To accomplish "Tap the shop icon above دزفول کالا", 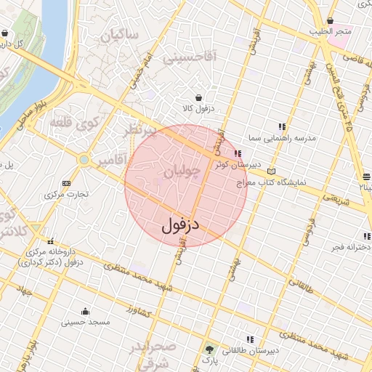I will click(199, 97).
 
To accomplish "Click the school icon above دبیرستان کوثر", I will click(238, 153).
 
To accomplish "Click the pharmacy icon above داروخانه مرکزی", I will click(50, 241).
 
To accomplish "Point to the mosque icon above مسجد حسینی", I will click(86, 311).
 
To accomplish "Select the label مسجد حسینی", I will click(85, 322).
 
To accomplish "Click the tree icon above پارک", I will click(210, 349).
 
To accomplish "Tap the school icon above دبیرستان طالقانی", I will click(250, 339).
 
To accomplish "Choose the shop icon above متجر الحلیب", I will click(331, 21).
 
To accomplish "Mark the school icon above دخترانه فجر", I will click(367, 236).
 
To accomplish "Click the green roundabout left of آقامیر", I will click(84, 159).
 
